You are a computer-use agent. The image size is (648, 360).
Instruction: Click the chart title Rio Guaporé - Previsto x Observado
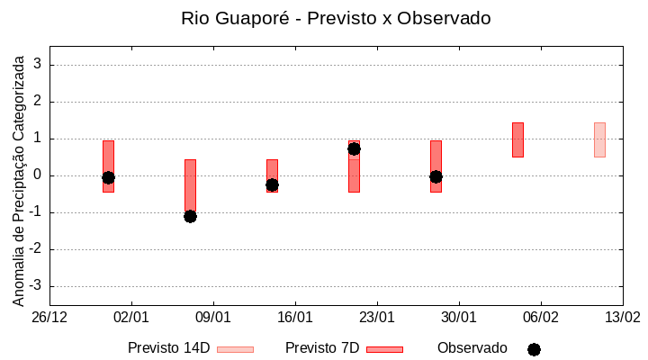click(x=336, y=18)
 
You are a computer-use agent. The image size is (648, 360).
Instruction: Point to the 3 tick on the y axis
click(x=39, y=65)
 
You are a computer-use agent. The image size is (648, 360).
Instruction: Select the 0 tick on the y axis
click(x=39, y=175)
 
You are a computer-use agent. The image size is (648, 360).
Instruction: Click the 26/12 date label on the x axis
click(x=49, y=318)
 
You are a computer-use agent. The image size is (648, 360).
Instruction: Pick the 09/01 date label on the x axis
click(x=213, y=318)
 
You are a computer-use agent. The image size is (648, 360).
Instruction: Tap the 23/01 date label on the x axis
click(x=377, y=318)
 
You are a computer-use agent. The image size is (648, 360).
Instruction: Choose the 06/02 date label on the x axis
click(x=541, y=318)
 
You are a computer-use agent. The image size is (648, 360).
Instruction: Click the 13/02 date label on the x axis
click(x=622, y=318)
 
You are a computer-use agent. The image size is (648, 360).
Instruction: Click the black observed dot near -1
click(x=190, y=216)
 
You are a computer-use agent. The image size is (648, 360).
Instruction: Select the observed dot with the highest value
click(x=354, y=148)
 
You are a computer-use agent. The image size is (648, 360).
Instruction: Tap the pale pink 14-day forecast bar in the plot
click(x=599, y=139)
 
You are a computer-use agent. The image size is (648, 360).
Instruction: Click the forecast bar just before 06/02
click(x=517, y=139)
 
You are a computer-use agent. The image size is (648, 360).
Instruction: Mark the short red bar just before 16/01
click(x=272, y=175)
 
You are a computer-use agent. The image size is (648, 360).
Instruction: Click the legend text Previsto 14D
click(x=168, y=348)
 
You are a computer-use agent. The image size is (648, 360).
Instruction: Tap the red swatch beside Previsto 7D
click(x=384, y=349)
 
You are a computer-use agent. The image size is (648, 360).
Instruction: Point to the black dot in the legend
click(x=534, y=349)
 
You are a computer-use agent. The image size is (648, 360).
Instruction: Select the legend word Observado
click(x=472, y=348)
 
